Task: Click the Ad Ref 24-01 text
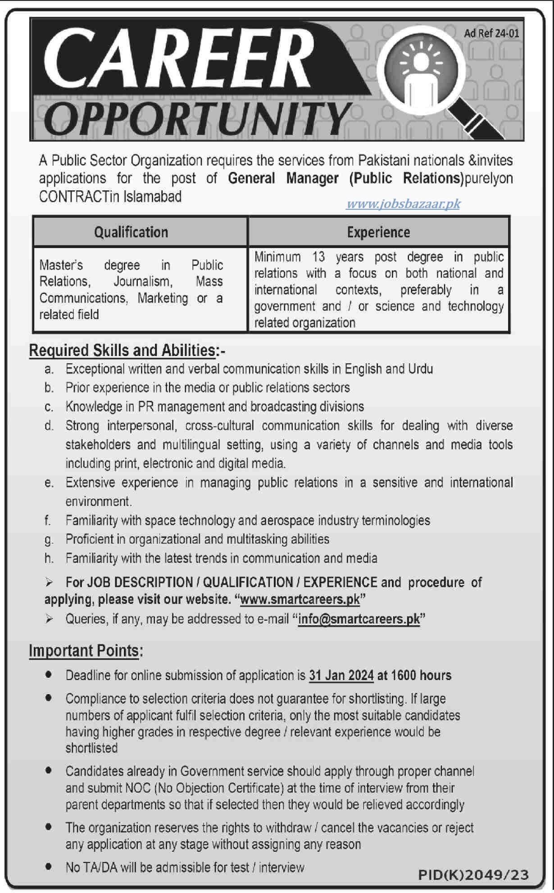(x=491, y=33)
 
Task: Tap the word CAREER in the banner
(x=178, y=59)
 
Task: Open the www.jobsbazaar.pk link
(x=403, y=204)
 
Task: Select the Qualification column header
(x=131, y=232)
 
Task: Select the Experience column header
(x=378, y=232)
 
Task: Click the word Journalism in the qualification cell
(x=142, y=282)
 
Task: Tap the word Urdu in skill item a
(x=420, y=369)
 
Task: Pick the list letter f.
(x=47, y=521)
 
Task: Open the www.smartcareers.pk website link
(x=300, y=600)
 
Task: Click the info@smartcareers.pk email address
(x=359, y=619)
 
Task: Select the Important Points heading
(x=84, y=651)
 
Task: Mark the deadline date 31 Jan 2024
(x=341, y=676)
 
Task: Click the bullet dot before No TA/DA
(x=49, y=866)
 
